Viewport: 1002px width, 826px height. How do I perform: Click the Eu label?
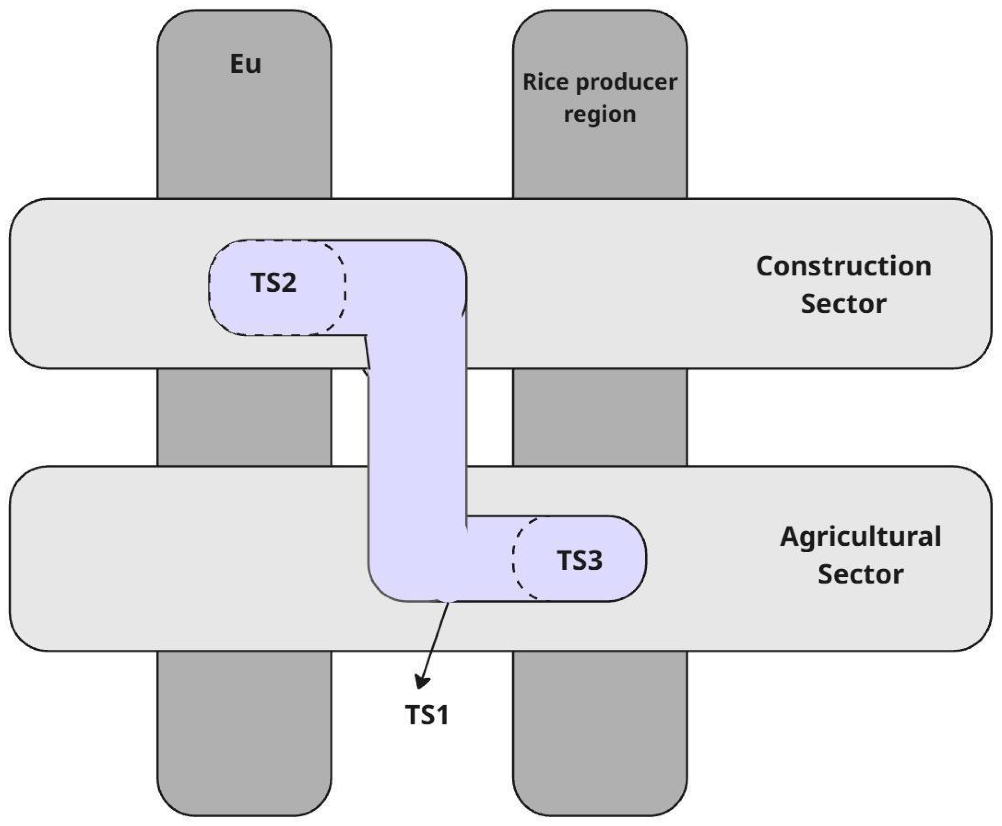246,64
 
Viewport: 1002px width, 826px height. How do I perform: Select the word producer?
627,83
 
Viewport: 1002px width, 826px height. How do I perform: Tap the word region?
600,114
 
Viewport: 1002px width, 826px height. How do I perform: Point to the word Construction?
843,266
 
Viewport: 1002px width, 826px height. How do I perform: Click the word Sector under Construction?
843,304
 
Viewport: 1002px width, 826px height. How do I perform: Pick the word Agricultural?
861,537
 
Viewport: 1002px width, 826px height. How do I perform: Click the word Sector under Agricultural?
861,574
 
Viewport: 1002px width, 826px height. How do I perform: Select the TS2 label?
273,283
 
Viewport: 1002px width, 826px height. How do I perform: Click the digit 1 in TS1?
442,715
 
